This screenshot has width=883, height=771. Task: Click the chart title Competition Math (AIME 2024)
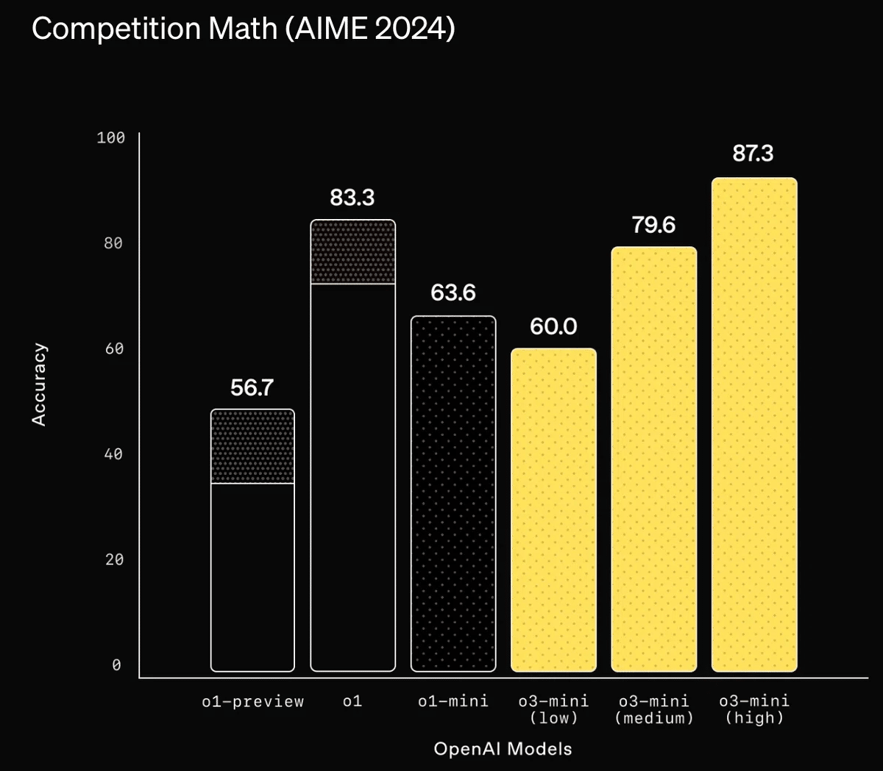[243, 29]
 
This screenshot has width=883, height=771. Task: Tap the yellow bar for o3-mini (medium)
[653, 459]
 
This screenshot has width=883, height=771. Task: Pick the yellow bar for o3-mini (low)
[553, 510]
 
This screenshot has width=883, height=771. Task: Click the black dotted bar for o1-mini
[453, 494]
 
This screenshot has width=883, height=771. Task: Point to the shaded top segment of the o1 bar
[352, 252]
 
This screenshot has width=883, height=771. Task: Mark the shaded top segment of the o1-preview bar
[252, 447]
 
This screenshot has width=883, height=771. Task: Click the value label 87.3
[753, 154]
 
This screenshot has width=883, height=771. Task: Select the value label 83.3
[352, 198]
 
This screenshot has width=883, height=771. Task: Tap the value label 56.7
[252, 387]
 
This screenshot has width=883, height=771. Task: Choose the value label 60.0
[553, 326]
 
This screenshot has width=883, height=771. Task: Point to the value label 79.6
[653, 225]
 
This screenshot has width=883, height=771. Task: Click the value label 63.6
[453, 293]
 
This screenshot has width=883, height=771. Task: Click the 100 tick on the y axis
[111, 137]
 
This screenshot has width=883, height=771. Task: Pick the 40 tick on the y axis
[113, 454]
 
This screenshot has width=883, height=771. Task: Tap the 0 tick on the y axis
[116, 665]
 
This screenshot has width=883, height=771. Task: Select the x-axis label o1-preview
[252, 702]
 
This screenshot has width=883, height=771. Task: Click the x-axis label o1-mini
[453, 702]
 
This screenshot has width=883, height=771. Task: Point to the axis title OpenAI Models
[503, 750]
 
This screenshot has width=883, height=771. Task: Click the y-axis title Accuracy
[39, 384]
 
